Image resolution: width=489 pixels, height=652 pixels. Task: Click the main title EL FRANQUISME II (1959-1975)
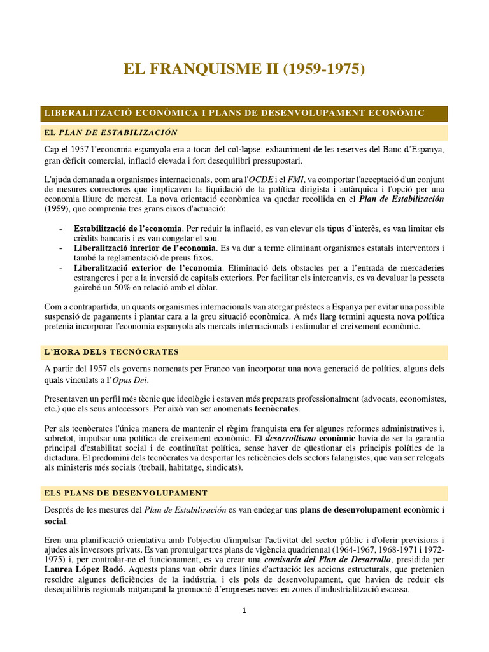click(244, 69)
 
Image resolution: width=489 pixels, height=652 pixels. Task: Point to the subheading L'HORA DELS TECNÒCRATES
click(111, 352)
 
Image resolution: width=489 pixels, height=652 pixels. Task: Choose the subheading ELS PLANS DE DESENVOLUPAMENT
click(125, 493)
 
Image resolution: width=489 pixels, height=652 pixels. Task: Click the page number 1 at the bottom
click(244, 611)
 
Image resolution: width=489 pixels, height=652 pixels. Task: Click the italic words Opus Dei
click(130, 381)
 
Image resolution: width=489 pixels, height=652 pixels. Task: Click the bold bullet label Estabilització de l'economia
click(128, 229)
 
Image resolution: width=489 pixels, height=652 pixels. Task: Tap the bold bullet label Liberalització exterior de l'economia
click(148, 267)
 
